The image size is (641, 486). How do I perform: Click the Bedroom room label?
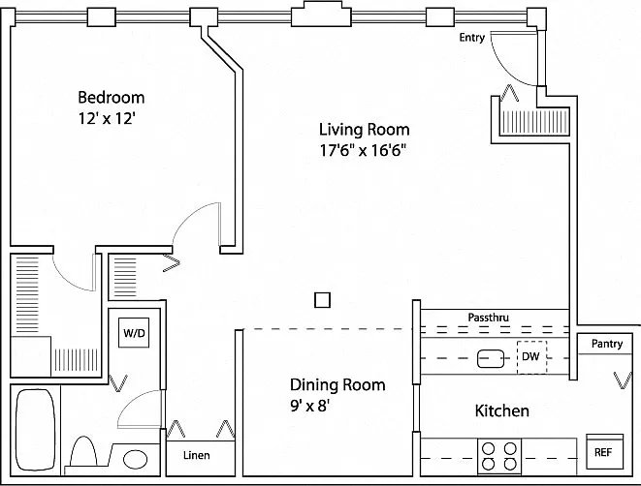click(x=112, y=98)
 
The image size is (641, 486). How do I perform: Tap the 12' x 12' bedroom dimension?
click(x=107, y=119)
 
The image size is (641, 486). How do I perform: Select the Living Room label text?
click(x=365, y=130)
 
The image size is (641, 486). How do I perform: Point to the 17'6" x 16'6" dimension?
click(x=363, y=151)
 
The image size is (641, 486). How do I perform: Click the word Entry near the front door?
click(x=471, y=37)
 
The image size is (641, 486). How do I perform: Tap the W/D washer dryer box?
click(x=134, y=333)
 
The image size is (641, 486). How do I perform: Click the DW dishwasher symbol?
click(x=531, y=357)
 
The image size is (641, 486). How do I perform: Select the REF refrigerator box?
click(x=604, y=451)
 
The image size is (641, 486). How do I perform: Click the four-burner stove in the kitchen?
click(x=499, y=457)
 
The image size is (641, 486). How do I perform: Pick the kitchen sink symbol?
click(x=491, y=358)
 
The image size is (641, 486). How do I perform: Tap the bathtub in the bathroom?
click(x=36, y=430)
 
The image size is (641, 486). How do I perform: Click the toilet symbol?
click(x=83, y=451)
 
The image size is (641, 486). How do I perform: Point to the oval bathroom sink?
click(x=136, y=460)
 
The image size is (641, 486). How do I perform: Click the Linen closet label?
click(x=197, y=455)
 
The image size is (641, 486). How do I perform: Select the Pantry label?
click(x=607, y=344)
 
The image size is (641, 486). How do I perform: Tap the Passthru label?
click(x=489, y=318)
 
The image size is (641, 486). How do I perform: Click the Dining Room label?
click(x=337, y=384)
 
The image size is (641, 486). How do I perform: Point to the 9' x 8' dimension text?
click(x=310, y=406)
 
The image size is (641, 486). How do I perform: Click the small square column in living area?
click(x=322, y=300)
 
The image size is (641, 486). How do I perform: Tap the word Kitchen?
click(x=502, y=410)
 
